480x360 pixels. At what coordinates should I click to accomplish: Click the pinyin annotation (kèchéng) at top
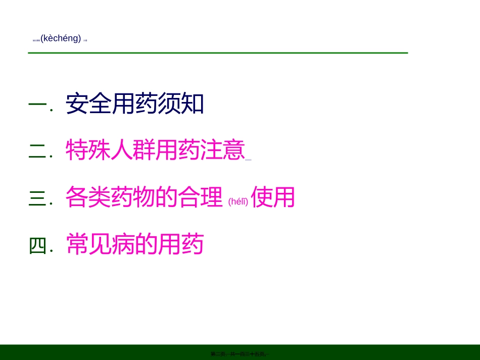point(61,38)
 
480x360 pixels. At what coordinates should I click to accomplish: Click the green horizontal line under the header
point(218,53)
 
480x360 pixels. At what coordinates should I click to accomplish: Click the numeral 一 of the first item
point(37,105)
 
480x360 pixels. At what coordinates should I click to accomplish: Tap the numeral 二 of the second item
point(37,150)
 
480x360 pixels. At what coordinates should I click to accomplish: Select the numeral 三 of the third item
point(37,197)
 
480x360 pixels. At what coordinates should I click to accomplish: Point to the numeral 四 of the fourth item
point(37,245)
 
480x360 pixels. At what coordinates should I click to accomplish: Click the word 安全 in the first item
point(88,104)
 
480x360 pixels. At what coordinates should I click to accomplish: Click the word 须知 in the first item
point(181,104)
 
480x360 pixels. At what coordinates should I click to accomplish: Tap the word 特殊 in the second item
point(88,150)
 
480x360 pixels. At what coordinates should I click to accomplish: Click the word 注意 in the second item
point(223,150)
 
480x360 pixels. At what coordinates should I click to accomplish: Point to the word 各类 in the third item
point(88,197)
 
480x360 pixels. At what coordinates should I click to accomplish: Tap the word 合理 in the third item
point(200,197)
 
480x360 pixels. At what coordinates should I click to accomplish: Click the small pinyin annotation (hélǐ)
point(238,201)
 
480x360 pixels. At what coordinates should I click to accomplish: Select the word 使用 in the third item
point(273,197)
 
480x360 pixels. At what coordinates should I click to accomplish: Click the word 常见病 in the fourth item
point(100,244)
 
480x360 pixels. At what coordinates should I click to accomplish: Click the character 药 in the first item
point(146,104)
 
